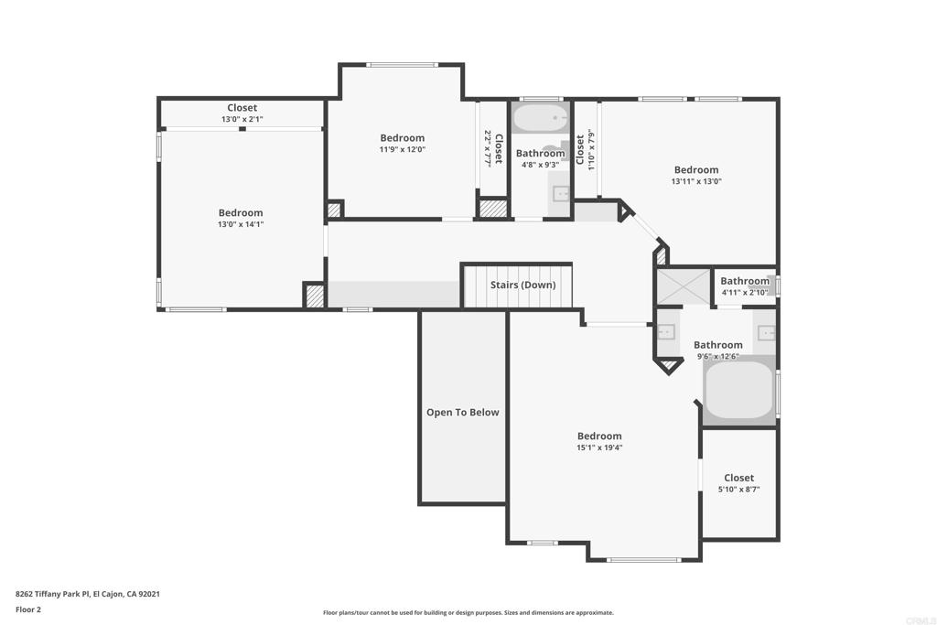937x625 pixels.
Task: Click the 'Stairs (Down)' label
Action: click(x=522, y=285)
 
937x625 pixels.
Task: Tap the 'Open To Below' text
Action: click(x=462, y=413)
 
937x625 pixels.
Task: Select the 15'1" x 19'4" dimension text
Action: click(x=599, y=447)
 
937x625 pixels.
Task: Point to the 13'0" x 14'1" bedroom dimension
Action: click(x=241, y=225)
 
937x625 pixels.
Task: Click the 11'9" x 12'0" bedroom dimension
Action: click(x=403, y=149)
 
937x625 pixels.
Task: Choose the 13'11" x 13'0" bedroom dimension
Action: click(x=696, y=181)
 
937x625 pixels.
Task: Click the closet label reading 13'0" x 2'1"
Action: click(x=242, y=120)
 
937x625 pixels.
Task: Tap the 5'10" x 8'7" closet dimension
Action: click(x=738, y=490)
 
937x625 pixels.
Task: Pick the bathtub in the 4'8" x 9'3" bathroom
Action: click(x=541, y=118)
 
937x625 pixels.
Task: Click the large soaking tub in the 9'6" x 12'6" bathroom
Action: click(x=739, y=390)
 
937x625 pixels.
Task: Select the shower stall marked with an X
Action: click(x=684, y=286)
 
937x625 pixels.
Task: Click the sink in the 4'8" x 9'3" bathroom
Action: click(x=561, y=194)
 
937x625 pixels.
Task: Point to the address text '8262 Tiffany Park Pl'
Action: click(x=52, y=594)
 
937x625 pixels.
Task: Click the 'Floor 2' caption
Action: click(x=28, y=609)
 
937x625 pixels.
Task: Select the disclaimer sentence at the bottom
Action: click(x=468, y=612)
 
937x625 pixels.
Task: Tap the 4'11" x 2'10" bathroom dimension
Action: click(x=745, y=293)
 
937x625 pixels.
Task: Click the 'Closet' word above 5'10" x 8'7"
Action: click(x=738, y=478)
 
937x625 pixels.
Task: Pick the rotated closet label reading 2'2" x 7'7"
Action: click(x=493, y=148)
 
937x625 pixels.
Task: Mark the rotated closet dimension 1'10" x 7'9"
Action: click(x=585, y=149)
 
